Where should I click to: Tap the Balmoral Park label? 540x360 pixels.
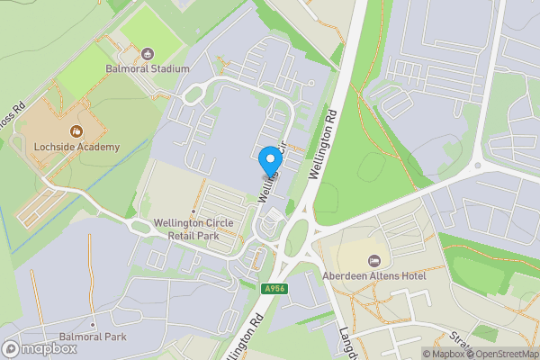pyautogui.click(x=93, y=337)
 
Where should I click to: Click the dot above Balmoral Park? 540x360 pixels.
pyautogui.click(x=93, y=324)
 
